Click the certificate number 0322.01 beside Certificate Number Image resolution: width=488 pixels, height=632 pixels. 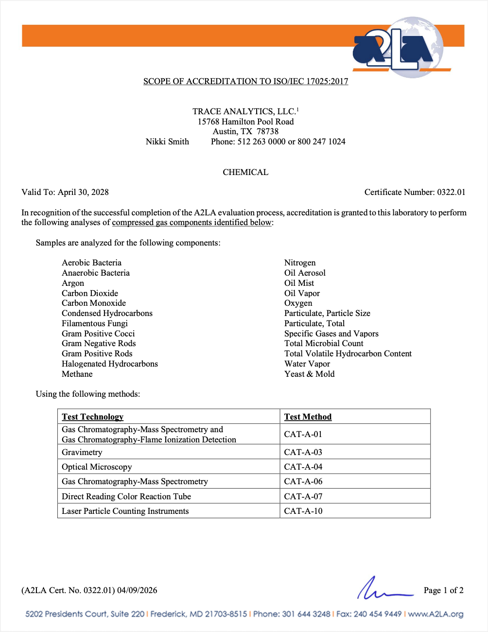[451, 192]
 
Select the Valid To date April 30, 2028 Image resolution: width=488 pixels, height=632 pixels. [83, 192]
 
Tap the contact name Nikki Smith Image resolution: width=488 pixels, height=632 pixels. [167, 141]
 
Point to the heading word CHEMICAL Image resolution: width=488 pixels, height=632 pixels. [245, 172]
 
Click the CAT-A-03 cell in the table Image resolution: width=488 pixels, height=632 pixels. [303, 452]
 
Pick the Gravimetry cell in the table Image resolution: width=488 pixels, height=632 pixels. [82, 452]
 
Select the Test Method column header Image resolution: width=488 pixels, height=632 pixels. [308, 417]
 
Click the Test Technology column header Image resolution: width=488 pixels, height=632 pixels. [92, 417]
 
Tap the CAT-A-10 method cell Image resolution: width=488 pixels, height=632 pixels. [303, 511]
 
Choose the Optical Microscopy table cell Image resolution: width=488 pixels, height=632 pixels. [97, 467]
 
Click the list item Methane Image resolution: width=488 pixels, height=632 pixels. [77, 374]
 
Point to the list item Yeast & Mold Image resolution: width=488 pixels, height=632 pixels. [310, 374]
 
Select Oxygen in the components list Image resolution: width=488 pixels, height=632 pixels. [298, 303]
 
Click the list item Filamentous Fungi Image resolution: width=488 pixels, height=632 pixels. [95, 323]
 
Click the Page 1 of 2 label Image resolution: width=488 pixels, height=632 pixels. [443, 590]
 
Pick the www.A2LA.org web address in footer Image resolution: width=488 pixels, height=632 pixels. [436, 614]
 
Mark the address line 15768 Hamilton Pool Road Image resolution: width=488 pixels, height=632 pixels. [245, 122]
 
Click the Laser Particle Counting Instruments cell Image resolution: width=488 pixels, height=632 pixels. [125, 511]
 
